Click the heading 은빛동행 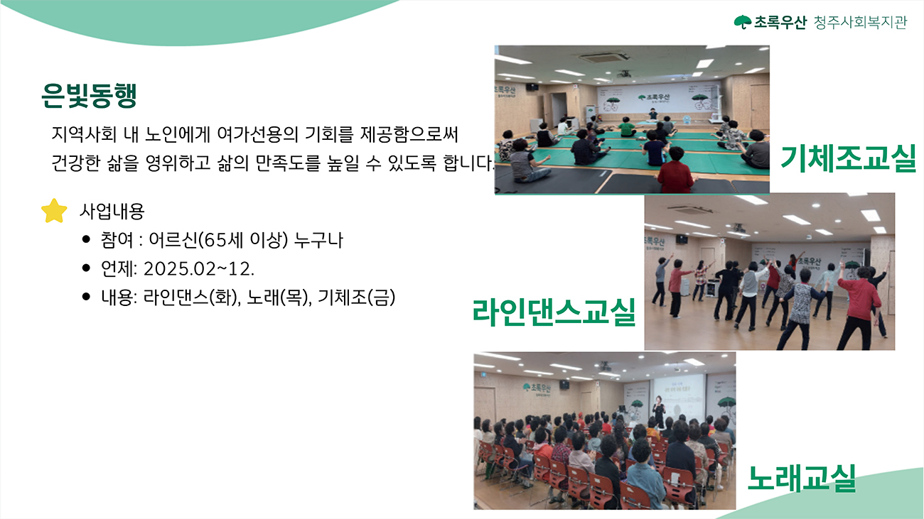point(89,95)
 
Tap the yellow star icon point(54,212)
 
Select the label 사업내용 point(112,212)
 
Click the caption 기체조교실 point(848,158)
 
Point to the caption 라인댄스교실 point(554,312)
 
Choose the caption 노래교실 point(802,479)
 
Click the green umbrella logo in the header point(743,22)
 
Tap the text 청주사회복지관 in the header point(860,22)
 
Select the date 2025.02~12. point(199,269)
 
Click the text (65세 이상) point(242,240)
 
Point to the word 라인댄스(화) point(192,297)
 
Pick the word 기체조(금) point(356,297)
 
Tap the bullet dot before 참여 point(86,239)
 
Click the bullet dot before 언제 point(86,268)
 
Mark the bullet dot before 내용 point(86,297)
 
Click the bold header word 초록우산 point(780,22)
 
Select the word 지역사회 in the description point(84,134)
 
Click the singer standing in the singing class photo point(659,411)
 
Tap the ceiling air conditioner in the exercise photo point(603,58)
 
